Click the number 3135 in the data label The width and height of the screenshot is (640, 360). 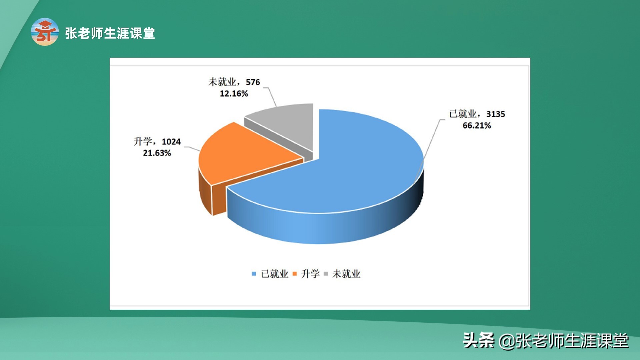pyautogui.click(x=496, y=114)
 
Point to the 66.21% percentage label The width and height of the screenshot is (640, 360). pyautogui.click(x=477, y=126)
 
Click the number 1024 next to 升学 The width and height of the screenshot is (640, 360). pyautogui.click(x=171, y=142)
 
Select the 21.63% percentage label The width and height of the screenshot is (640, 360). pyautogui.click(x=157, y=153)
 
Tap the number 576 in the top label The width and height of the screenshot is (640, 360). pyautogui.click(x=253, y=82)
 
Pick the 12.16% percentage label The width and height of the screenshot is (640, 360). pyautogui.click(x=234, y=94)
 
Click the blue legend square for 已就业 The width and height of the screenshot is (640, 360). pyautogui.click(x=254, y=274)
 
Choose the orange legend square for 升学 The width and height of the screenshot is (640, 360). pyautogui.click(x=294, y=274)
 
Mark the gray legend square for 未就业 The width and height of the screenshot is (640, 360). pyautogui.click(x=326, y=274)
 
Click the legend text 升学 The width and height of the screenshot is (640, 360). pyautogui.click(x=310, y=274)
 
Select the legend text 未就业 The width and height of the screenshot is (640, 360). pyautogui.click(x=346, y=274)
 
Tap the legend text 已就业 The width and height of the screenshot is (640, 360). pyautogui.click(x=274, y=274)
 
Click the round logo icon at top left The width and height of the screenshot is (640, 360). pyautogui.click(x=45, y=32)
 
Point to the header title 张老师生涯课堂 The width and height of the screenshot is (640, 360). pyautogui.click(x=110, y=33)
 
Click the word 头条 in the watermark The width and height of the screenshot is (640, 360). pyautogui.click(x=479, y=341)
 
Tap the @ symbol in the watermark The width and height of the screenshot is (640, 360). pyautogui.click(x=507, y=341)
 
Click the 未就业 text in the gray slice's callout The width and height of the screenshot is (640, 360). pyautogui.click(x=222, y=82)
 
